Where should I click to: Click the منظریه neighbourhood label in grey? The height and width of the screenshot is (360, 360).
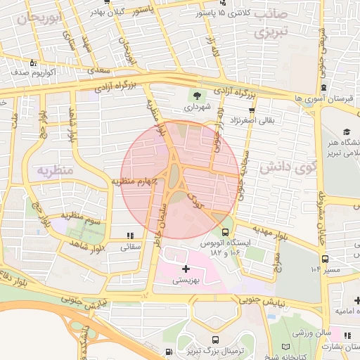[x=54, y=169]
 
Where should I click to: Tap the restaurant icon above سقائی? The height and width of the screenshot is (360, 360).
[x=130, y=236]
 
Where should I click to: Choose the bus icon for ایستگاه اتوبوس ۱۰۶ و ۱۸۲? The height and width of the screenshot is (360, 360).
[x=225, y=231]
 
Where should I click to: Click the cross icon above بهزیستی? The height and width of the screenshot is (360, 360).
[x=186, y=269]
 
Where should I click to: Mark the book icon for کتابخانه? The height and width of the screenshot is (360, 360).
[x=285, y=347]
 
